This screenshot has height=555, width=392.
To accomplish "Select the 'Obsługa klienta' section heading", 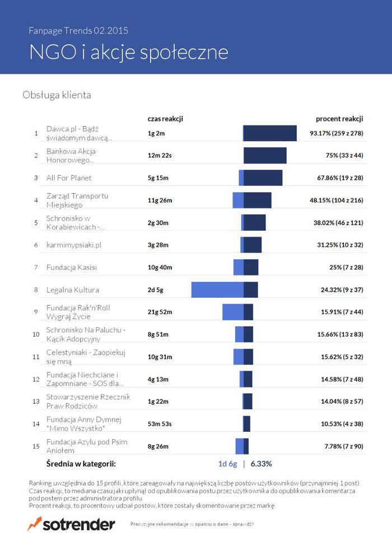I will (57, 95).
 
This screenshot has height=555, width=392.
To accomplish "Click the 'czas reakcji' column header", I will (165, 119).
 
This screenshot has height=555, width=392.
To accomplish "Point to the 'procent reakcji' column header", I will (339, 119).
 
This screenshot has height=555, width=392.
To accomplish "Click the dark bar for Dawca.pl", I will (270, 133).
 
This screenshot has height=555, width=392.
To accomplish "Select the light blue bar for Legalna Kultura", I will (217, 290).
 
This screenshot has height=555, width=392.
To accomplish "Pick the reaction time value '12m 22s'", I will (160, 156).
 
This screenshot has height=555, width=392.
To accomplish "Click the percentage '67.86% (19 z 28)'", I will (337, 178).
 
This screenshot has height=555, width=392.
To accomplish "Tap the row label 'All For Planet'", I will (69, 178).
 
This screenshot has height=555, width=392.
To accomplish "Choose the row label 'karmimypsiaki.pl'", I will (73, 245).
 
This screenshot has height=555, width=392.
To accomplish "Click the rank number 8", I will (36, 290).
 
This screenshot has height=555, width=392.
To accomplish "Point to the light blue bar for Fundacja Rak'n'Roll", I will (233, 312).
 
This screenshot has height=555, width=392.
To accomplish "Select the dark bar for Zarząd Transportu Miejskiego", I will (258, 200).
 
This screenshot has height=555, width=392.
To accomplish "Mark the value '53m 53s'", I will (160, 424).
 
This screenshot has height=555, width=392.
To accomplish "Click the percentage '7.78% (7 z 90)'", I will (344, 446).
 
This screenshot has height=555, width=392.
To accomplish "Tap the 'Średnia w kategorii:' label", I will (81, 464).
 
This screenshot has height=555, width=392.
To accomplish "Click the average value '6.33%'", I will (262, 464).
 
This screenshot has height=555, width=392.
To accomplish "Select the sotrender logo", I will (71, 524).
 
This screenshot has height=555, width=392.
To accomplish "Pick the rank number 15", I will (36, 446).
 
